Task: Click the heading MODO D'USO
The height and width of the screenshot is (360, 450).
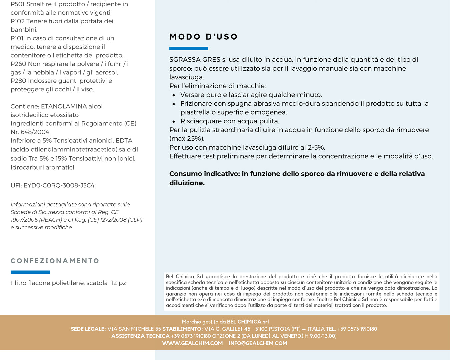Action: pos(203,37)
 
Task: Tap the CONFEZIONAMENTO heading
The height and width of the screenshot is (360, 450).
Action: pos(55,261)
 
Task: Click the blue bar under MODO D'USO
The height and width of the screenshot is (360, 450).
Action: pos(189,49)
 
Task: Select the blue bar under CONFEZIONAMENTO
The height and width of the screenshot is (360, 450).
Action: pos(30,272)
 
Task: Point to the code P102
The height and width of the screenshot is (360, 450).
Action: pos(18,21)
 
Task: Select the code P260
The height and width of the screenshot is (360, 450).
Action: pos(18,64)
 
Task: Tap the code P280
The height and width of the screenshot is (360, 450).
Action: pos(18,81)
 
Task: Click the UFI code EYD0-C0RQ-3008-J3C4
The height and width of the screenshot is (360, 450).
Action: pos(59,185)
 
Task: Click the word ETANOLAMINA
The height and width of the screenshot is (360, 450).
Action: pos(64,106)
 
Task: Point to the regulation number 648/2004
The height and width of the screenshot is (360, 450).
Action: pos(34,132)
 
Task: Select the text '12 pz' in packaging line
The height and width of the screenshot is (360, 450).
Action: pos(118,283)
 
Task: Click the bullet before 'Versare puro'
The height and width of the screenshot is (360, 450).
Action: pos(174,95)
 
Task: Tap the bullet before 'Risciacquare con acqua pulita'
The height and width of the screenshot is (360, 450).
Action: pos(174,122)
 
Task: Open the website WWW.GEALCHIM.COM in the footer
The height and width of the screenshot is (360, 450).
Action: pos(192,343)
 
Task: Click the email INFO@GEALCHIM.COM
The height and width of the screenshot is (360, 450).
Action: pos(258,343)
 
